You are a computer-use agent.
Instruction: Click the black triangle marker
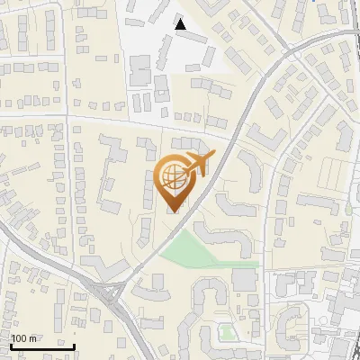(181, 24)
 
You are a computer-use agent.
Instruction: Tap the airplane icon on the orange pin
(195, 164)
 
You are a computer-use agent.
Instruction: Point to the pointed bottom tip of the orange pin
(173, 211)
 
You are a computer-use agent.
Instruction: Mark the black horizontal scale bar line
(42, 346)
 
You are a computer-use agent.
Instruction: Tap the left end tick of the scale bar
(11, 344)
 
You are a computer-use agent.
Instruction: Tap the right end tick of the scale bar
(75, 344)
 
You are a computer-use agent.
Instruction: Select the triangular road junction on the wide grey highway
(111, 292)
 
